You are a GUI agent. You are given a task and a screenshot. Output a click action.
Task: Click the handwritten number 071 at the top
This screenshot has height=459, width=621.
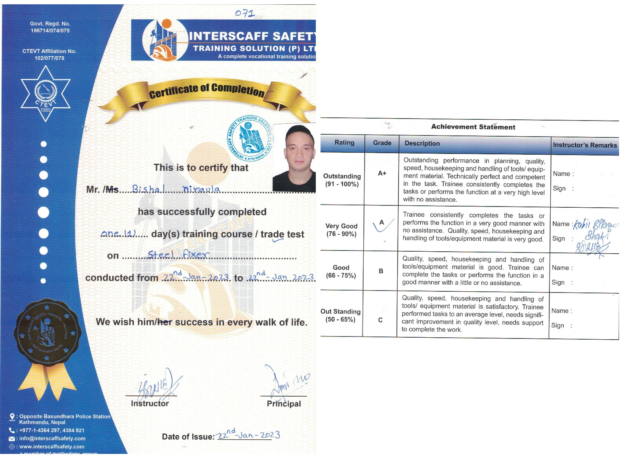(245, 13)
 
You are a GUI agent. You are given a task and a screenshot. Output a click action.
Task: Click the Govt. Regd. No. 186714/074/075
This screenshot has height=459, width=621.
(50, 27)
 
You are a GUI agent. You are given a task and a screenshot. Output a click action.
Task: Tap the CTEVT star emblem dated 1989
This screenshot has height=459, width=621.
(46, 92)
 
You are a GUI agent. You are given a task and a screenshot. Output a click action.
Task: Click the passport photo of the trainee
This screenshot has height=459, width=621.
(294, 158)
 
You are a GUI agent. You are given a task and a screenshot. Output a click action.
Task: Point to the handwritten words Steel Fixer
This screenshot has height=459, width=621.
(178, 254)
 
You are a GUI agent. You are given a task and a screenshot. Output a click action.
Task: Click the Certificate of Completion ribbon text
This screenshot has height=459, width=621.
(207, 90)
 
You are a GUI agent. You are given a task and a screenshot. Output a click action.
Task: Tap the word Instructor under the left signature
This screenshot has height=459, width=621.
(150, 404)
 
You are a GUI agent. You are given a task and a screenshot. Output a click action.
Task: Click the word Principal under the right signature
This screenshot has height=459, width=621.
(284, 404)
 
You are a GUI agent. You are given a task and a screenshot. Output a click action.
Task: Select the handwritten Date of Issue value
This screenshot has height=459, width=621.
(248, 435)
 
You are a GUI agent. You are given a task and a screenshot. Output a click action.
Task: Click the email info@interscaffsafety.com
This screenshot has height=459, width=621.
(52, 439)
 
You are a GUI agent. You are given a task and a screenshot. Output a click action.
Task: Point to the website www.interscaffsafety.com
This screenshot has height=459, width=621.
(51, 447)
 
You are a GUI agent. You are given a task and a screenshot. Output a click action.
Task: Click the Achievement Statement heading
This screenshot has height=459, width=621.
(473, 127)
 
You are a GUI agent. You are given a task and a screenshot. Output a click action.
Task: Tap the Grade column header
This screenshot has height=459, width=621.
(382, 143)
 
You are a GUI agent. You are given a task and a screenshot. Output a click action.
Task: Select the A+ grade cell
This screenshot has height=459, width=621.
(382, 173)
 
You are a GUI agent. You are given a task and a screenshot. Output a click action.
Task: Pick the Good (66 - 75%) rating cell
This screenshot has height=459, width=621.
(341, 271)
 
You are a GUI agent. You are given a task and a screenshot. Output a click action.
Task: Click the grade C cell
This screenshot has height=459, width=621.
(380, 320)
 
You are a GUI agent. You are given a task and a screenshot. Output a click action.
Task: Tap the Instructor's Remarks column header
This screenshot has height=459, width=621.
(584, 145)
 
